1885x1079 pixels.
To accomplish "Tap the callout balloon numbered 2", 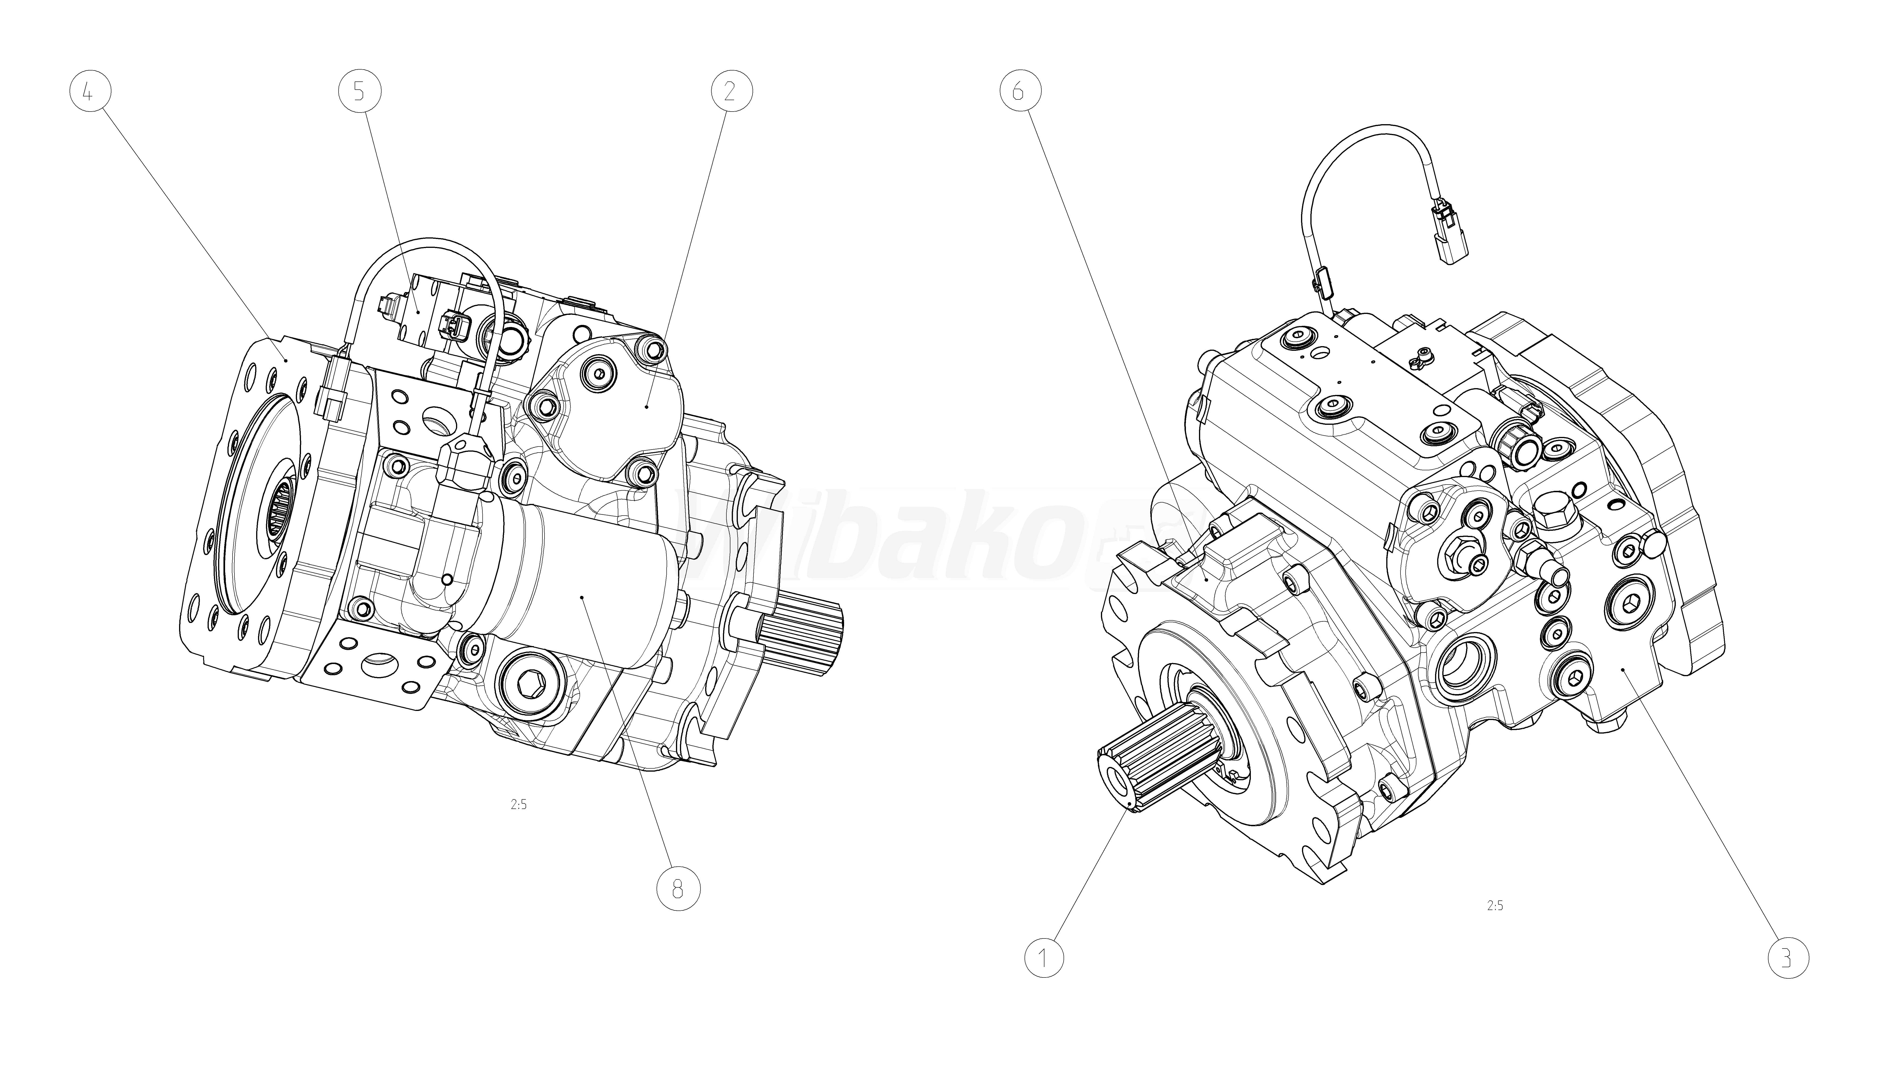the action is (731, 92).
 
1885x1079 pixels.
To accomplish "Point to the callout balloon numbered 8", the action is (678, 889).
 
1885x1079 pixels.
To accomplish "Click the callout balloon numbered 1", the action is (1044, 958).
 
